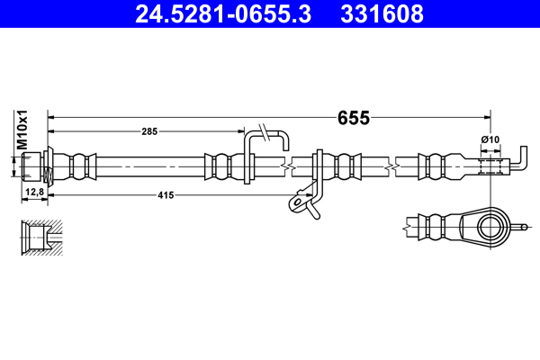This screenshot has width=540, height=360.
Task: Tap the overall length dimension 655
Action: click(x=353, y=117)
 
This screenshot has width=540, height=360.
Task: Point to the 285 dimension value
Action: click(x=149, y=131)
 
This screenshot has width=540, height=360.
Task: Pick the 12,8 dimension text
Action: click(x=33, y=193)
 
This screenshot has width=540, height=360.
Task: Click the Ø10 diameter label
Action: click(x=490, y=140)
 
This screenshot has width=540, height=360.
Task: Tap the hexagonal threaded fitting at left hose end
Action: click(x=34, y=166)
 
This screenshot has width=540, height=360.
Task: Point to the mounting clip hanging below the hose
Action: click(x=303, y=203)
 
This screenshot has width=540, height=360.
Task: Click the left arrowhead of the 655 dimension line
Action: click(x=51, y=117)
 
